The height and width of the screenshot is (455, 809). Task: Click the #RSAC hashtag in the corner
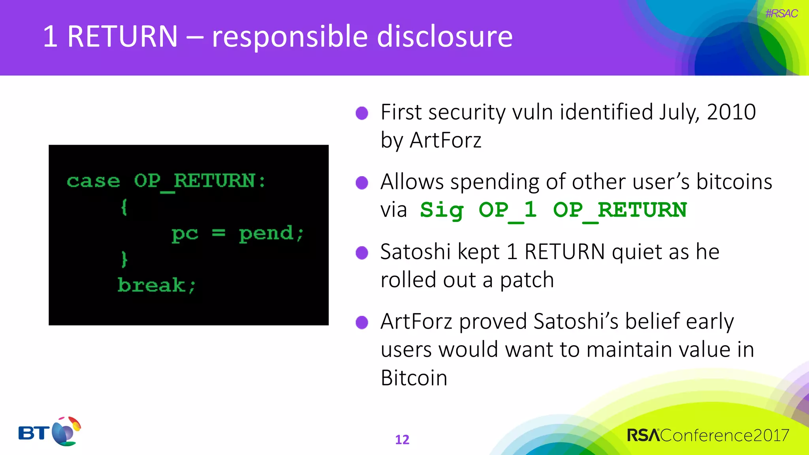coord(781,13)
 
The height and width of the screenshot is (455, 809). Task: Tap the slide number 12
coord(402,440)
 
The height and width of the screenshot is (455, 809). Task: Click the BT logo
coord(49,431)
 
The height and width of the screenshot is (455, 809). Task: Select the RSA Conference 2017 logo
coord(708,435)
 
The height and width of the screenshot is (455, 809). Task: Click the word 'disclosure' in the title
coord(445,36)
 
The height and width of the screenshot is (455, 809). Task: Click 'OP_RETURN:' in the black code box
coord(199,181)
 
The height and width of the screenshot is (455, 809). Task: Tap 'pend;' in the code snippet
coord(271,233)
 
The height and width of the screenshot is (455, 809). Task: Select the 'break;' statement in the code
coord(156,285)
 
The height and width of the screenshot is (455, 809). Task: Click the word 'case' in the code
coord(93,181)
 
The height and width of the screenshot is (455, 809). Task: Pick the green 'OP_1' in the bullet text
coord(508,210)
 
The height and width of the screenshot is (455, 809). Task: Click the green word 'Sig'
coord(442,210)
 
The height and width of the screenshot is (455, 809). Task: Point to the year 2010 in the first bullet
coord(731,112)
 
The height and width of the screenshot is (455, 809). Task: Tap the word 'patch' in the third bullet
coord(527,280)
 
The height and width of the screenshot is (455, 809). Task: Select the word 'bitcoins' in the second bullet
coord(734,182)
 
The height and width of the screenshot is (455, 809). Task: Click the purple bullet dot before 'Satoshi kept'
coord(362,252)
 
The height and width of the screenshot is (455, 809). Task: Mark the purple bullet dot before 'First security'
coord(362,113)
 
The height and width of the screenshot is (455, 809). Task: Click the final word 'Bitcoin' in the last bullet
coord(414,378)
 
